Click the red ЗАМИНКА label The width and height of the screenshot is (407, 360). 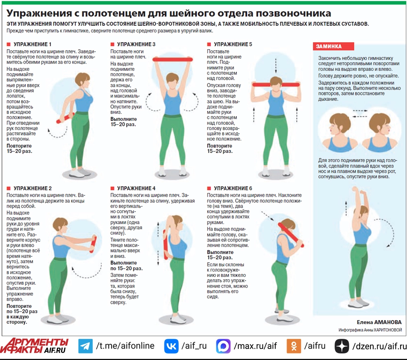(x=334, y=46)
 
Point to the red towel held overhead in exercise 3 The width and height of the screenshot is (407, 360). (x=173, y=59)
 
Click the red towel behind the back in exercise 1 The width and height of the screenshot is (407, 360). (x=65, y=118)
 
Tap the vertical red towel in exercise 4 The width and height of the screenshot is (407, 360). (x=165, y=244)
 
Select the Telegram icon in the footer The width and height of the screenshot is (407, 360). (x=85, y=346)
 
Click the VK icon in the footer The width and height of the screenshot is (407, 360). (x=171, y=346)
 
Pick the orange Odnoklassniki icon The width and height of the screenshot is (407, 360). (x=294, y=346)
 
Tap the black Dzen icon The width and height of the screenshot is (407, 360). (x=342, y=346)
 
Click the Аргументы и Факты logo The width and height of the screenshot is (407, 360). (x=34, y=346)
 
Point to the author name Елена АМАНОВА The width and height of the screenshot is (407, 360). (x=379, y=322)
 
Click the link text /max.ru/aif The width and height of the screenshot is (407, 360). (x=256, y=346)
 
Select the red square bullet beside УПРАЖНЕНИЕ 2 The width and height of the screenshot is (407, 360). (x=9, y=188)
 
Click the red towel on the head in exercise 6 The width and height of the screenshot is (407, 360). (x=291, y=235)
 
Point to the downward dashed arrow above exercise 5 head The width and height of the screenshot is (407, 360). (x=276, y=66)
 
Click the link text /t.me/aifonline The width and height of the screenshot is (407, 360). (x=125, y=346)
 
